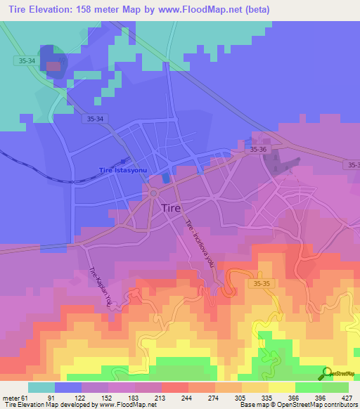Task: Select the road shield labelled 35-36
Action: tap(258, 150)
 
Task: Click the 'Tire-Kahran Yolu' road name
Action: tap(100, 288)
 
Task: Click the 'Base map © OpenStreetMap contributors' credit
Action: tap(297, 405)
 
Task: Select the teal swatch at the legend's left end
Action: tap(41, 387)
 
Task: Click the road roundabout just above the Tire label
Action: tap(153, 193)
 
